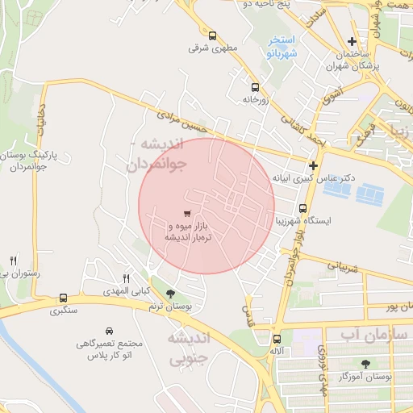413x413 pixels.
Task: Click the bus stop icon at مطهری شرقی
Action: click(x=212, y=35)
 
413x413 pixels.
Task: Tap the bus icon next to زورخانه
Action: click(x=255, y=87)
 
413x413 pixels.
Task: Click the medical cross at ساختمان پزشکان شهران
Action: click(x=351, y=41)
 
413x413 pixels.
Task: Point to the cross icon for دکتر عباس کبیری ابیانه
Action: click(x=313, y=165)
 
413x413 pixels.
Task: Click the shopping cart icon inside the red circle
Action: click(x=187, y=214)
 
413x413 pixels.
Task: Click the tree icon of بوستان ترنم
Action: click(x=169, y=294)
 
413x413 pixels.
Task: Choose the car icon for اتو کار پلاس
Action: click(x=110, y=331)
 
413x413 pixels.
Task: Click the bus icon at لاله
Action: click(x=277, y=339)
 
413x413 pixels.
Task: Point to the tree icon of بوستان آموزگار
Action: click(x=366, y=363)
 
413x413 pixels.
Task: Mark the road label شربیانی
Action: click(x=340, y=266)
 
